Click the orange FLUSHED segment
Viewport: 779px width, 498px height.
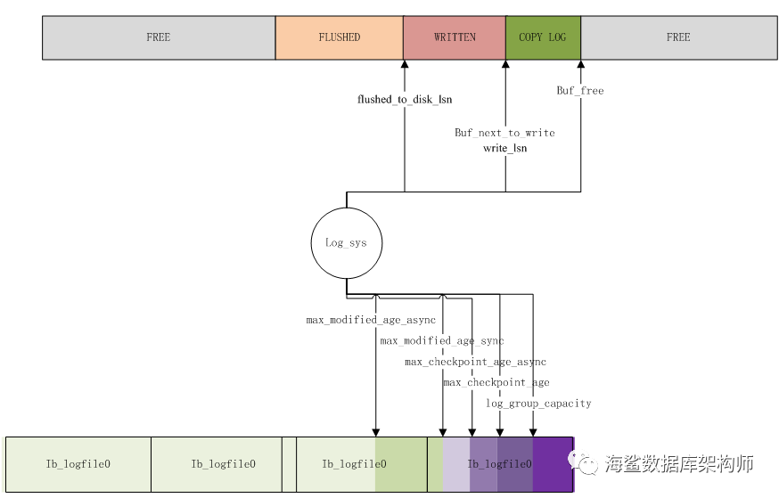click(x=340, y=37)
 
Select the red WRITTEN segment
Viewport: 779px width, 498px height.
click(x=455, y=37)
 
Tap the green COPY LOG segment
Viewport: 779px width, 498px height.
click(x=543, y=37)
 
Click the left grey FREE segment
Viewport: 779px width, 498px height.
click(x=159, y=37)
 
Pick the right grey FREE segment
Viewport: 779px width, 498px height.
click(x=678, y=37)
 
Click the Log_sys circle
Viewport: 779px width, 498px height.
click(x=347, y=243)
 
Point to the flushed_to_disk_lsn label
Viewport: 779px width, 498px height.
click(x=405, y=99)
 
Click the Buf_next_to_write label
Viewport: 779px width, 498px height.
click(x=504, y=133)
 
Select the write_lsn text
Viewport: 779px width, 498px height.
click(x=504, y=148)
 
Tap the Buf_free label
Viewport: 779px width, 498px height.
click(x=579, y=90)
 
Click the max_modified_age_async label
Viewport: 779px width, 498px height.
click(x=371, y=320)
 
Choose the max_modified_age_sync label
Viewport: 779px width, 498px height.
click(x=442, y=341)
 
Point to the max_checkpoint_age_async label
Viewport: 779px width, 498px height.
click(x=475, y=362)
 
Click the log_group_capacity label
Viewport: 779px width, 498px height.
click(x=538, y=404)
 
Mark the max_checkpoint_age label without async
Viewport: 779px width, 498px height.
click(x=496, y=382)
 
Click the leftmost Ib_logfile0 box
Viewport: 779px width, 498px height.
click(x=78, y=464)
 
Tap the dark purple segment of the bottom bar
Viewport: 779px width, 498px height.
click(x=553, y=464)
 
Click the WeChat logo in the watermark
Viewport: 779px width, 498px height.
click(x=583, y=462)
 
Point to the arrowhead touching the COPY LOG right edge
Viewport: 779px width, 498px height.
click(x=581, y=64)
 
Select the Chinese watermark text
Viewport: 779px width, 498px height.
click(x=679, y=464)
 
